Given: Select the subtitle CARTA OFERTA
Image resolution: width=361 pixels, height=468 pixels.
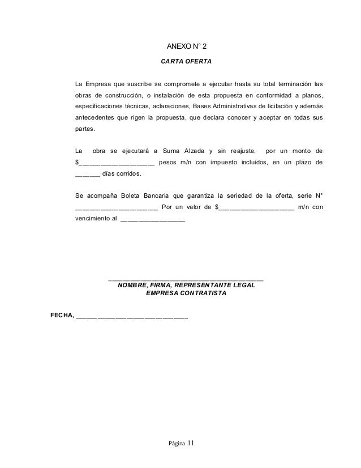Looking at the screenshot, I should pyautogui.click(x=186, y=61).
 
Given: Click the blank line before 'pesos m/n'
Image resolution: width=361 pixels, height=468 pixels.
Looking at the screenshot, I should pyautogui.click(x=117, y=163).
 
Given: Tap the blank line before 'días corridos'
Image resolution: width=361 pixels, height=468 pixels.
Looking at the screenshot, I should pyautogui.click(x=88, y=175).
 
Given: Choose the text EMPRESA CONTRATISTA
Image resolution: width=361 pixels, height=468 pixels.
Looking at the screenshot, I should pyautogui.click(x=186, y=294).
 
